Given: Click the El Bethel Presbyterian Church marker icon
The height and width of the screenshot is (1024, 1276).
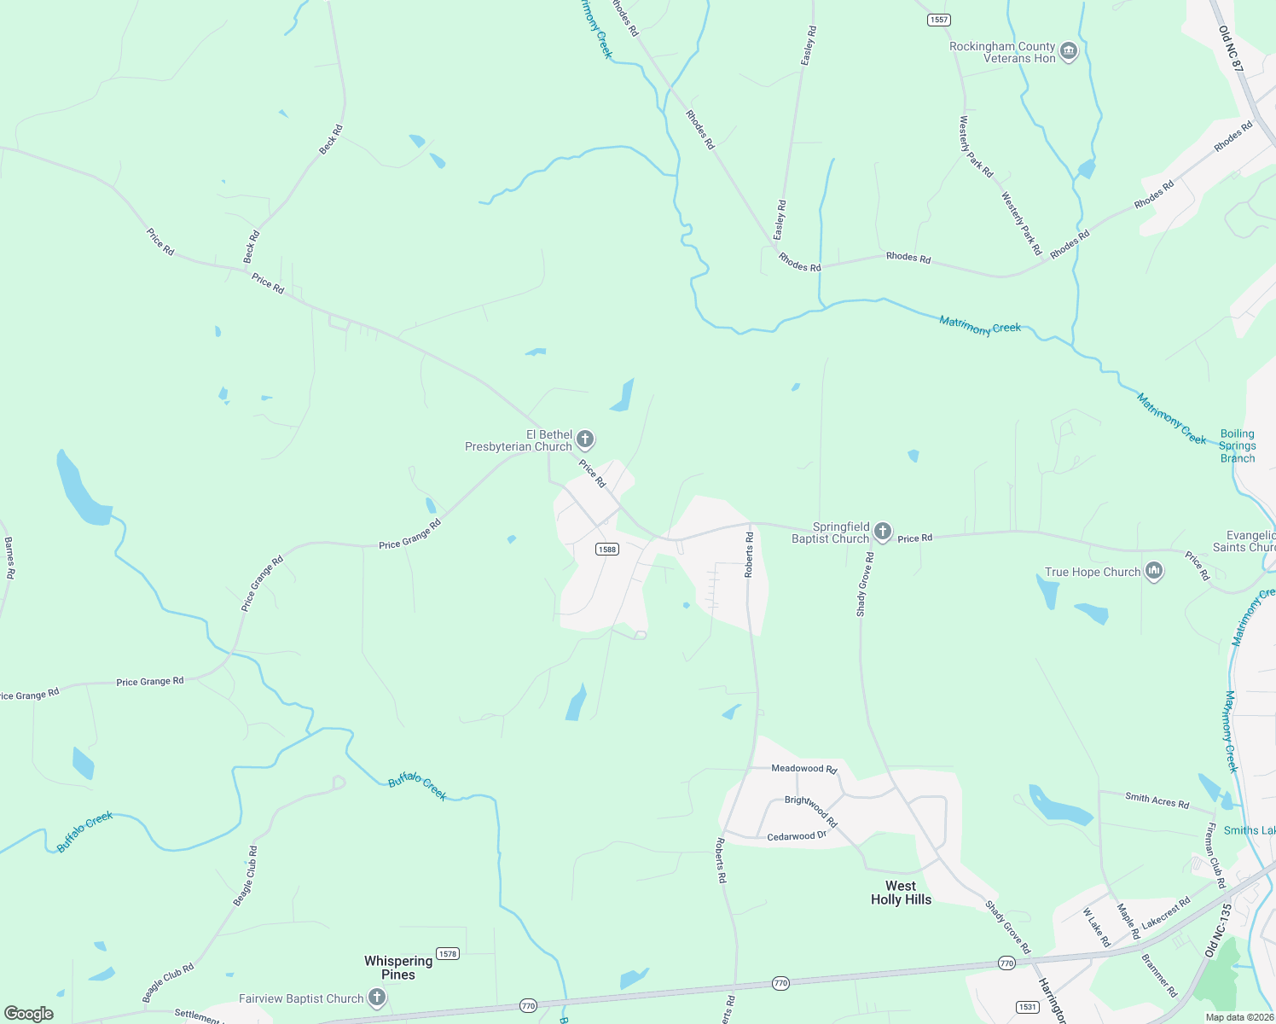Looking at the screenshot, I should (x=585, y=440).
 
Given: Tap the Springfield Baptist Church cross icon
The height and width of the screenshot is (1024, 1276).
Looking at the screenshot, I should (x=883, y=532).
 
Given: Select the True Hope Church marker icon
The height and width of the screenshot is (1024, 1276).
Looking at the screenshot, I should (x=1154, y=572).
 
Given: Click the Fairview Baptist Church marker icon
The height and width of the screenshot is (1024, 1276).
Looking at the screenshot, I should (x=377, y=998).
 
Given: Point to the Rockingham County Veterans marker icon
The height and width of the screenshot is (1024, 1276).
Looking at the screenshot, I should (x=1069, y=53).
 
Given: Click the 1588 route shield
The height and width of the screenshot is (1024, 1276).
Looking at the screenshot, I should (x=607, y=549).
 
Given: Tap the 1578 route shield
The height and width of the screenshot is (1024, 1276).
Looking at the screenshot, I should (x=448, y=953).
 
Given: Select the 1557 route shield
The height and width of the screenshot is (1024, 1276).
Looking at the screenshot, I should (x=939, y=20).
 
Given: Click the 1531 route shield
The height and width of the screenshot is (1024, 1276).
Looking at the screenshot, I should (x=1028, y=1007).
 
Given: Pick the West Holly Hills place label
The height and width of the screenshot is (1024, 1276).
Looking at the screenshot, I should (x=901, y=893).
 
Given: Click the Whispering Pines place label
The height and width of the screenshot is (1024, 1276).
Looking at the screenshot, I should (x=398, y=968).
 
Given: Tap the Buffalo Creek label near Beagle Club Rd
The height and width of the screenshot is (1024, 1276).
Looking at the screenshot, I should (x=85, y=832).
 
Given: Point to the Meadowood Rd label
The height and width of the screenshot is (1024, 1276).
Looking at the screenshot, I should (x=803, y=768).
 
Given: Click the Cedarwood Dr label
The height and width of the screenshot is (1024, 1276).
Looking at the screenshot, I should (x=797, y=836).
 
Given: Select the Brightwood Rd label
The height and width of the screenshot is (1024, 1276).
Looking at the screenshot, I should (x=811, y=812).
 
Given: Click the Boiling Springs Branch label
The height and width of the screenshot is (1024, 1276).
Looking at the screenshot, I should (x=1237, y=446).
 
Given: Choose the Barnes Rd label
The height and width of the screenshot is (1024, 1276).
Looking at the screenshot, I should (x=9, y=558).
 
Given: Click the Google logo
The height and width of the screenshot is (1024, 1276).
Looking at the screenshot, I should (x=29, y=1014).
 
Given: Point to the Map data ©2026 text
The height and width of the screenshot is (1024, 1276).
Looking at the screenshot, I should (x=1239, y=1017).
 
